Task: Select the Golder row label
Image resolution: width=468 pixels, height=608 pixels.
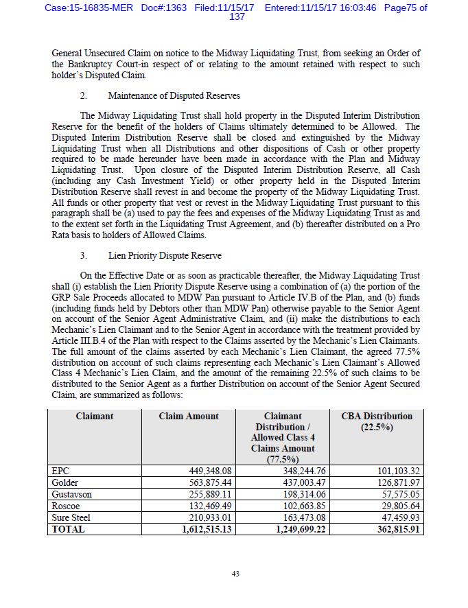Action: coord(66,483)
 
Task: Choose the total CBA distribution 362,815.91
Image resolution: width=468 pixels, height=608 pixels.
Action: coord(395,529)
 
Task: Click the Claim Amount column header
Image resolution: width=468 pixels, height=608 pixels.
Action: coord(189,417)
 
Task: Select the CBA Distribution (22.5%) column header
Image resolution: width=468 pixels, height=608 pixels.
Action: coord(377,421)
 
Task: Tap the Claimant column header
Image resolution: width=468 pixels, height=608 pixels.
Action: coord(94,417)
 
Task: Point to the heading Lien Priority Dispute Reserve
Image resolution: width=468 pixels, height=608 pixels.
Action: coord(165,256)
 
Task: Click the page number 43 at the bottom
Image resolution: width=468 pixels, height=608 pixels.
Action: coord(235,574)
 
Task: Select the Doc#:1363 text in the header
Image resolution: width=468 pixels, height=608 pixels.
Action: coord(137,8)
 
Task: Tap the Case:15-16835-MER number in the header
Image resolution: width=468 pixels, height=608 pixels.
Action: coord(82,8)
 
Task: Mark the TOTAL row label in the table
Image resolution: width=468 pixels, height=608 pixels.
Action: coord(69,529)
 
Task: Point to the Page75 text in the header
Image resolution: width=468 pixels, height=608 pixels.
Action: coord(397,8)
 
